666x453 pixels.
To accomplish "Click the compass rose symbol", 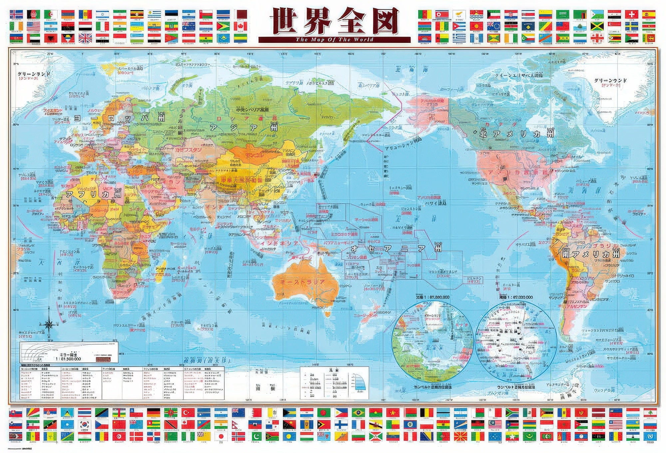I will [49, 324].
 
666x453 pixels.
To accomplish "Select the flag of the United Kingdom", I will [85, 38].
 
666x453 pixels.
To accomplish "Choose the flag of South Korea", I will [85, 425].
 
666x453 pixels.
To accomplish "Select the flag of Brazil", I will [358, 413].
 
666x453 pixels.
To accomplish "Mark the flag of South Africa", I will [512, 413].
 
